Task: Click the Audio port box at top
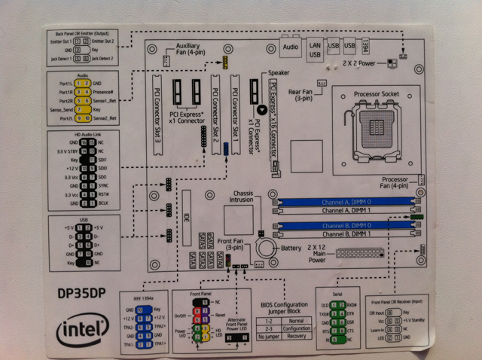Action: point(289,47)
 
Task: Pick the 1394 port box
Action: point(367,45)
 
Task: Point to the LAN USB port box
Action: point(316,47)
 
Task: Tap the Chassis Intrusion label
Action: point(235,197)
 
